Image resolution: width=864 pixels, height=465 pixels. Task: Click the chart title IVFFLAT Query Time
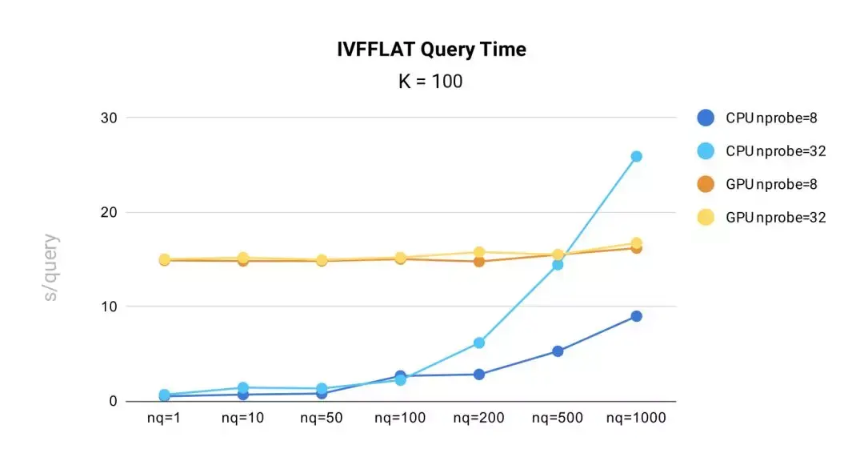431,50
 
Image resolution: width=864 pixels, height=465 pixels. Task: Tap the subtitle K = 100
430,82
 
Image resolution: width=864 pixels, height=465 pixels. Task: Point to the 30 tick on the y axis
109,118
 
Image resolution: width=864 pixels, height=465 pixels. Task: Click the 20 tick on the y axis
109,212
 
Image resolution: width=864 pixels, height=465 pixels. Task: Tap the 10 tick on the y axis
109,307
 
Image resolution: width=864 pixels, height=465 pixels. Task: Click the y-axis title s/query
50,267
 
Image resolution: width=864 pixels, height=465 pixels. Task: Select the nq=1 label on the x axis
163,418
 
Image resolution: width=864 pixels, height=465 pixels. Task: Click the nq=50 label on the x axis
321,418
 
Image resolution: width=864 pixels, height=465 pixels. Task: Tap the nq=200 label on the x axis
478,418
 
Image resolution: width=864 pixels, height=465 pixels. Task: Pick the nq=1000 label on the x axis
636,418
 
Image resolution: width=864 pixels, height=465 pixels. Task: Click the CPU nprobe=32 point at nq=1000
636,157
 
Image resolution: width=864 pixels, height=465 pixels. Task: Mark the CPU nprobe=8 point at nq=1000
636,316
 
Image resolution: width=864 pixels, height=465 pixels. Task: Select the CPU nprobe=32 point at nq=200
478,343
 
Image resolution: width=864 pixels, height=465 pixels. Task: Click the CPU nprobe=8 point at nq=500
558,351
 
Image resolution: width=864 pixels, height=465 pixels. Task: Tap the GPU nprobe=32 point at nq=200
478,252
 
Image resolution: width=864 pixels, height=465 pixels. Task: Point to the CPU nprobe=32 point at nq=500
558,265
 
